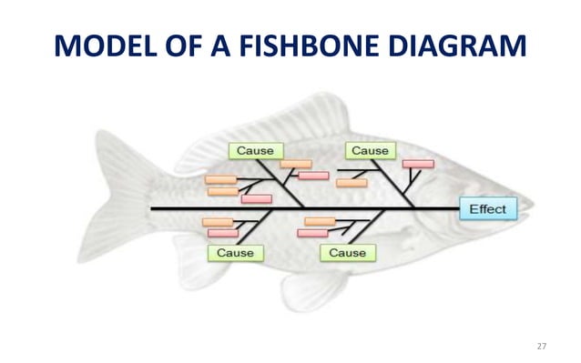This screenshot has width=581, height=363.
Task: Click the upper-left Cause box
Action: [x=255, y=150]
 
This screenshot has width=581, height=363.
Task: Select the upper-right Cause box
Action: [x=369, y=150]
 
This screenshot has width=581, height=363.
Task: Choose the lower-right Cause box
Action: [x=347, y=252]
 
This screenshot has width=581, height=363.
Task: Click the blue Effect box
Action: [x=488, y=209]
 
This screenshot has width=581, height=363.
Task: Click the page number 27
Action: [x=543, y=346]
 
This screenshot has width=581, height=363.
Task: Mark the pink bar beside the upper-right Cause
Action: [x=418, y=164]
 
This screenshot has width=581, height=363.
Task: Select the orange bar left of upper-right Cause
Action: [x=351, y=182]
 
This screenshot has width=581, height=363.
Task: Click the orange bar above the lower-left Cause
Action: [x=217, y=222]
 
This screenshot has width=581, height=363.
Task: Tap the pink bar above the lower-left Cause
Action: [x=222, y=234]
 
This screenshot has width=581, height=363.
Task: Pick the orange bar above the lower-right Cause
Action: [x=320, y=221]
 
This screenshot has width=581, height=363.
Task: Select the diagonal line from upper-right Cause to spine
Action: [x=401, y=182]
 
